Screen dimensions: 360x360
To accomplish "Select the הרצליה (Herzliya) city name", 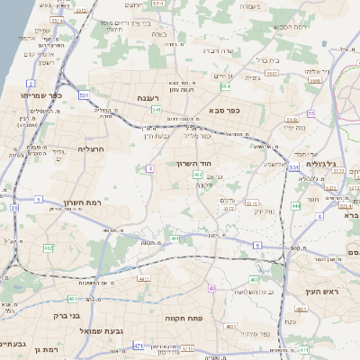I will click(92, 148).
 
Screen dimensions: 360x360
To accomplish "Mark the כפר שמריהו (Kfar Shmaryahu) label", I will click(41, 94).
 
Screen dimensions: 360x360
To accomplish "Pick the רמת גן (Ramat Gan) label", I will click(42, 348).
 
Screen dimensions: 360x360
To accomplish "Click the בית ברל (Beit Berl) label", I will click(268, 60).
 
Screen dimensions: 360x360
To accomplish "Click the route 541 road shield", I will click(157, 110).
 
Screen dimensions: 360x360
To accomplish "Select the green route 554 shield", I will click(225, 87).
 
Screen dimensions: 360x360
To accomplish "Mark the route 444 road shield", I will click(295, 206).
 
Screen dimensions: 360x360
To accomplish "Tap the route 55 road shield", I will click(310, 113).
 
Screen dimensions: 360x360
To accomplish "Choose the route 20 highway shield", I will click(14, 208).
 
